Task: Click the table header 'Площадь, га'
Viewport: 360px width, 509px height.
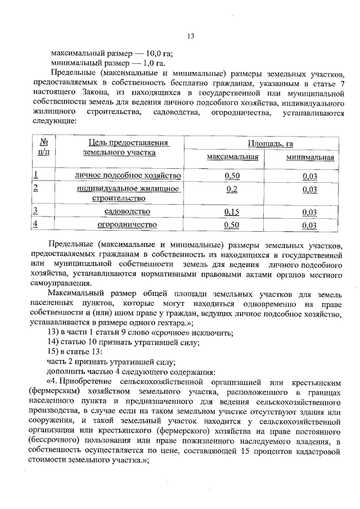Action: coord(270,144)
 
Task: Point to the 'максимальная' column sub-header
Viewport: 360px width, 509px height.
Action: coord(232,157)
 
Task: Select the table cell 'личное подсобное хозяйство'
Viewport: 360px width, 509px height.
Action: coord(128,176)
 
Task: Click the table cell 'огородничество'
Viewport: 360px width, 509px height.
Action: coord(127,225)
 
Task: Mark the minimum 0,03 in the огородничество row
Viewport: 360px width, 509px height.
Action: coord(309,226)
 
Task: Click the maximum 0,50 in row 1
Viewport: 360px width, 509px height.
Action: coord(232,176)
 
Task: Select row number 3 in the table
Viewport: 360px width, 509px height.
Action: coord(35,211)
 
